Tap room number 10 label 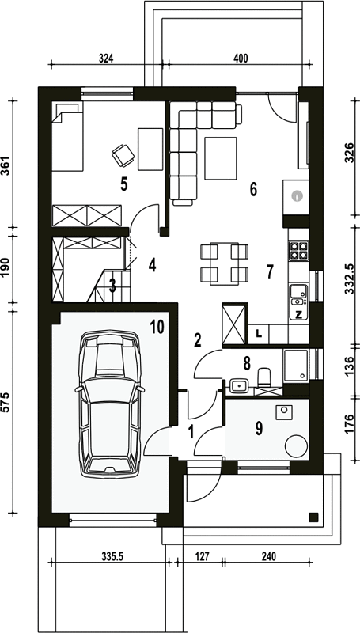coord(157,327)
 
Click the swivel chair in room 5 coord(123,155)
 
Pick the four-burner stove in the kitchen coord(298,250)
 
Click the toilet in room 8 coord(265,377)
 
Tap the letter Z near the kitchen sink coord(298,315)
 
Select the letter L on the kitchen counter coord(259,333)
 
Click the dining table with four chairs coord(225,263)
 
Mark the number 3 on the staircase coord(112,286)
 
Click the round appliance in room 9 coord(297,446)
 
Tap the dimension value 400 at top coord(241,58)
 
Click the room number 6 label coord(253,189)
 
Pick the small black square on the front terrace coord(313,517)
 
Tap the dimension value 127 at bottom coord(202,557)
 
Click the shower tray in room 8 coord(296,366)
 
